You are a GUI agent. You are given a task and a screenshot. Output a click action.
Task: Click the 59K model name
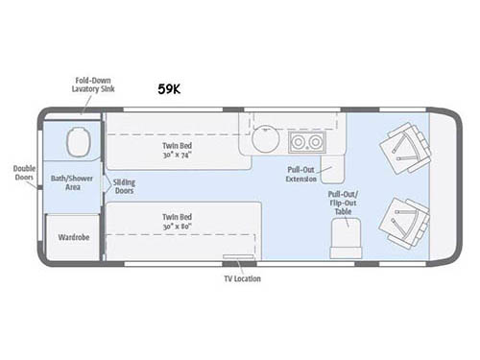pyautogui.click(x=170, y=88)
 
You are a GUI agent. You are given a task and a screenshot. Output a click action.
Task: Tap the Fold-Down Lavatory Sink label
pyautogui.click(x=95, y=84)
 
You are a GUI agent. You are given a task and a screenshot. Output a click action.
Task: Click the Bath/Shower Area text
pyautogui.click(x=73, y=182)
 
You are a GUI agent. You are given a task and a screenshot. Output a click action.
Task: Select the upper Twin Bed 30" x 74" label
pyautogui.click(x=180, y=151)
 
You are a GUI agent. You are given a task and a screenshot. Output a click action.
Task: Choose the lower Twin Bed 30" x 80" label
pyautogui.click(x=180, y=223)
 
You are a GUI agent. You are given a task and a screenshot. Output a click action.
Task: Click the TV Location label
pyautogui.click(x=237, y=279)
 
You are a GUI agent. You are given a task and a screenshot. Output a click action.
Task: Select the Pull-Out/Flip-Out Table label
pyautogui.click(x=343, y=203)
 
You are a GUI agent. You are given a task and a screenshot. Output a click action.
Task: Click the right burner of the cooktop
pyautogui.click(x=315, y=142)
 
